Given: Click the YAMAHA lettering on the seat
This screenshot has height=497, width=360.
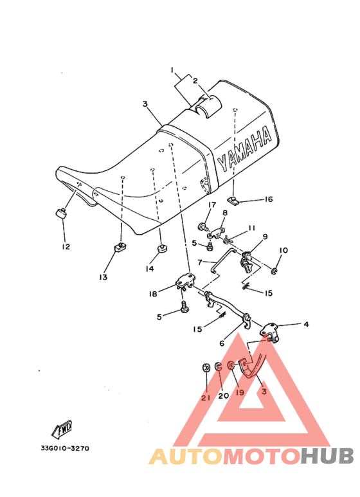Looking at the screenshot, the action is [245, 149].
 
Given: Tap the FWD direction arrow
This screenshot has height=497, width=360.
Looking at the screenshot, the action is [62, 429].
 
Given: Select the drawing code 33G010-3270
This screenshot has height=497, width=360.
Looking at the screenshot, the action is [65, 448].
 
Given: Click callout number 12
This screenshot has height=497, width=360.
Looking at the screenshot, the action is [66, 246].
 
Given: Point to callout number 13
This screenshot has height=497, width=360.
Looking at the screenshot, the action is [104, 276].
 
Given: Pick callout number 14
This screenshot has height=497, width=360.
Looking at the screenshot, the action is [150, 269].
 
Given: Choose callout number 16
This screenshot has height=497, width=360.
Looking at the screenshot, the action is [269, 199].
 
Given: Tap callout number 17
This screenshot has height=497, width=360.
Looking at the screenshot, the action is [212, 204].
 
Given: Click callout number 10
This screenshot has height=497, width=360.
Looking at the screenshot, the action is [283, 250].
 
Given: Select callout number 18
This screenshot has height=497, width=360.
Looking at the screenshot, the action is [153, 294].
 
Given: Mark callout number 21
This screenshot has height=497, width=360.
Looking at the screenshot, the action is [206, 398].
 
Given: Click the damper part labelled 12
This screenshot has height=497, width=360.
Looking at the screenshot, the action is [61, 213].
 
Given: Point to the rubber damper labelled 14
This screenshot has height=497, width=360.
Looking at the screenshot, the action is [162, 249].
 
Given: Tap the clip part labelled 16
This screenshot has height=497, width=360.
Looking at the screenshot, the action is [233, 200].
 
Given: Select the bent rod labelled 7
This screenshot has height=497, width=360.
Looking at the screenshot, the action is [222, 260].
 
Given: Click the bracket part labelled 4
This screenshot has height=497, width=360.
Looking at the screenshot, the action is [269, 331].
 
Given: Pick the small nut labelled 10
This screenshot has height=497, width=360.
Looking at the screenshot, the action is [274, 271].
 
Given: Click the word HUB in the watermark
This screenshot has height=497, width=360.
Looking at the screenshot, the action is [327, 456].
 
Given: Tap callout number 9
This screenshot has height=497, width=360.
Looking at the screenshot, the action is [265, 237].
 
